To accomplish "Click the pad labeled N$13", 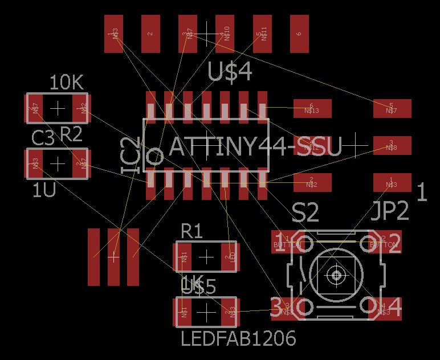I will point(311,108).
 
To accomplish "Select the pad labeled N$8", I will point(392,146).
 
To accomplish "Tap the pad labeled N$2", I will point(311,183).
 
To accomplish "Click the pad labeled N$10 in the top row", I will point(225,34).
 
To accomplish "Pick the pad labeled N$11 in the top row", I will point(262,34).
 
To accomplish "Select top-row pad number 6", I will point(299,34).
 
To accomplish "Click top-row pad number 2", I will point(150,34).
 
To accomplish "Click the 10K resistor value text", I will point(67,83).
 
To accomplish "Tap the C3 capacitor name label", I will point(43,138).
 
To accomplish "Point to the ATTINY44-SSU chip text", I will point(255,148).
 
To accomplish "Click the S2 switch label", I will point(305,214).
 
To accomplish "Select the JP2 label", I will point(390,211).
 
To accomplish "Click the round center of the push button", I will point(336,275).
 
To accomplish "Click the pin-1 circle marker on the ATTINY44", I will point(154,156).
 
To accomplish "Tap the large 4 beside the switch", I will point(394,308).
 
